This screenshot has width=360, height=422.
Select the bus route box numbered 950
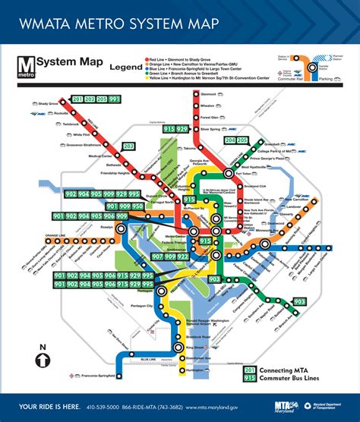coord(137,206)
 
